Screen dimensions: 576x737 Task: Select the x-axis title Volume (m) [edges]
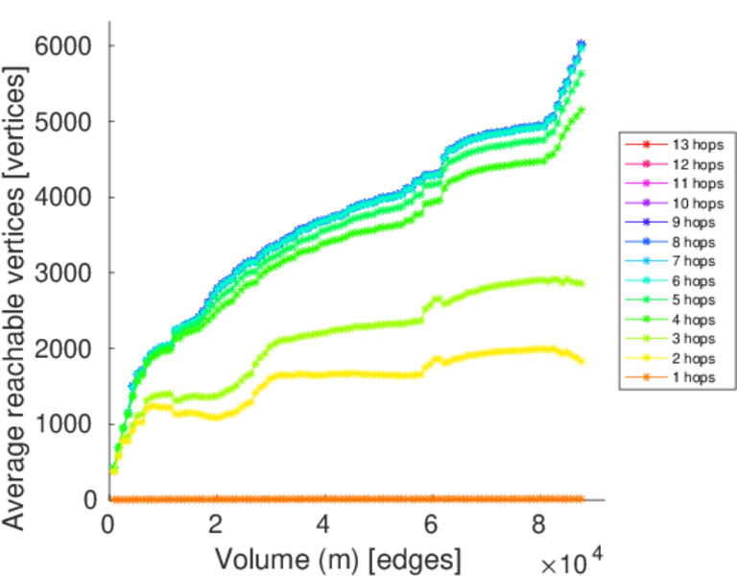click(x=338, y=558)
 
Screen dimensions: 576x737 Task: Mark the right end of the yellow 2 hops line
click(x=582, y=360)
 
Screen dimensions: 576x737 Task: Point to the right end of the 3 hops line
click(x=582, y=283)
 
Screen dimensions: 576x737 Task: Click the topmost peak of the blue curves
click(x=582, y=44)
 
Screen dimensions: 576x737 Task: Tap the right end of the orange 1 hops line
click(x=582, y=499)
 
